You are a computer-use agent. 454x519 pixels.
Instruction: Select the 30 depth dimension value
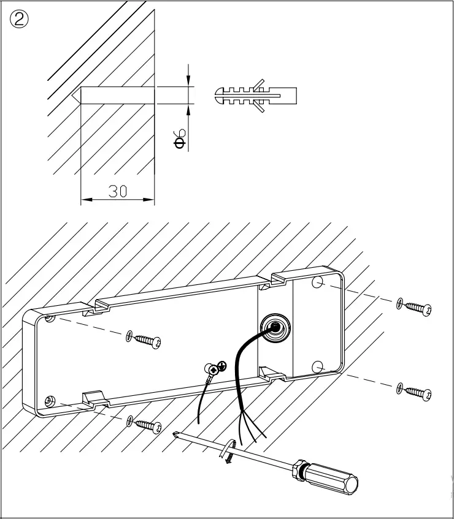pyautogui.click(x=118, y=191)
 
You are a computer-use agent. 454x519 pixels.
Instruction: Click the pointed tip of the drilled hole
pyautogui.click(x=74, y=95)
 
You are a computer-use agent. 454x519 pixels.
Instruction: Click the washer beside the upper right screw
pyautogui.click(x=400, y=301)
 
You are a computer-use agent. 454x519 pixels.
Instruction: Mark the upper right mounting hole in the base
pyautogui.click(x=317, y=282)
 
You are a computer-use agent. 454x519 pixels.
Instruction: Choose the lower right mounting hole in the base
pyautogui.click(x=317, y=366)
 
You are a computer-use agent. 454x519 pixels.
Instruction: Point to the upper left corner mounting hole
pyautogui.click(x=50, y=319)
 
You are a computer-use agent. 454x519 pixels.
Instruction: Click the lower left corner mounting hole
pyautogui.click(x=50, y=401)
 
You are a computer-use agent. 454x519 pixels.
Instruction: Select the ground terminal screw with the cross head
pyautogui.click(x=215, y=369)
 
